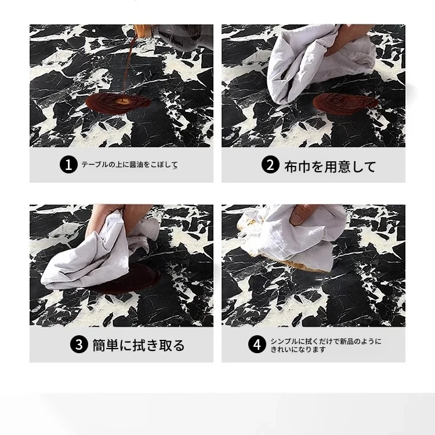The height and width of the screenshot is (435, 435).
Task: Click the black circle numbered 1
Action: pyautogui.click(x=68, y=165)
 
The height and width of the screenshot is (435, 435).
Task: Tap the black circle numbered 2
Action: pyautogui.click(x=270, y=165)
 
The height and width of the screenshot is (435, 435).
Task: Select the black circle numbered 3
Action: pyautogui.click(x=79, y=345)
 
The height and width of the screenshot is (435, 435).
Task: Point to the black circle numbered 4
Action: pyautogui.click(x=257, y=345)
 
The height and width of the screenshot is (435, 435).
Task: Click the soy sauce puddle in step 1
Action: pyautogui.click(x=118, y=103)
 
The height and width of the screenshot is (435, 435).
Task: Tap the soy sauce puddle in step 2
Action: pyautogui.click(x=346, y=103)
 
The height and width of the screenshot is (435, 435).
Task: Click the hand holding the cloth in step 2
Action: pyautogui.click(x=350, y=39)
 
